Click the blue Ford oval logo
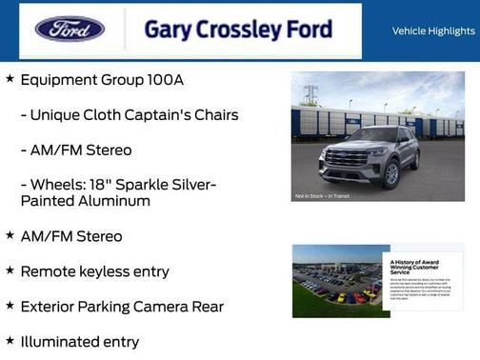70,29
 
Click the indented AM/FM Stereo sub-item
76,150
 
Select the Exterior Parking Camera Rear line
122,306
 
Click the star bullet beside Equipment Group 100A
10,79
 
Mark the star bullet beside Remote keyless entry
10,270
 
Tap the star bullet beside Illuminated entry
10,340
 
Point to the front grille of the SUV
346,158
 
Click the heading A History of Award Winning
420,266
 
